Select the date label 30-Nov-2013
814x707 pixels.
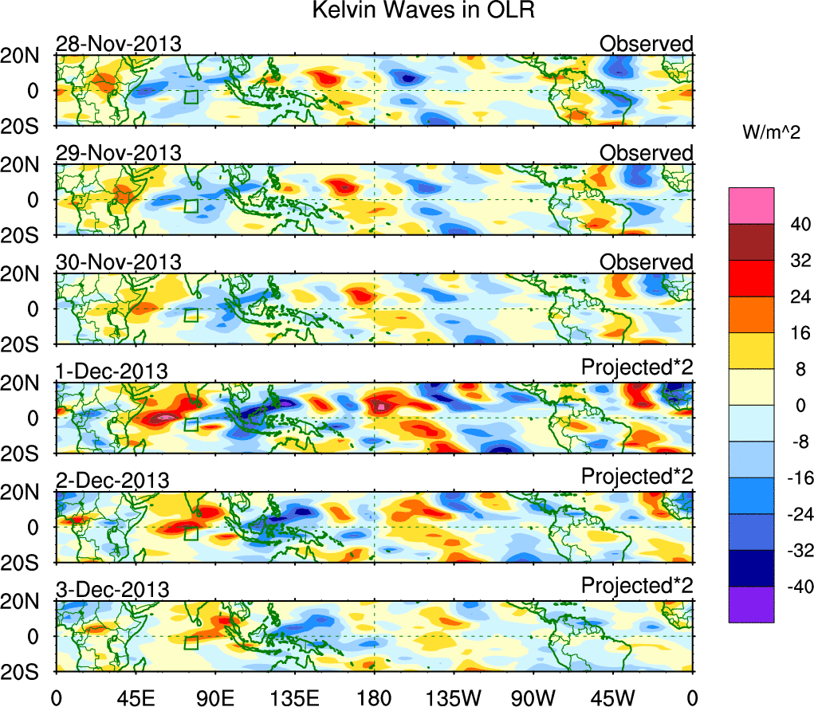point(118,262)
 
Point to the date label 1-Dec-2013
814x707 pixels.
point(112,371)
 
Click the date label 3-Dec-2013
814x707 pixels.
point(112,590)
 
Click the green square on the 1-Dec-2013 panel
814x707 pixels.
point(191,425)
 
